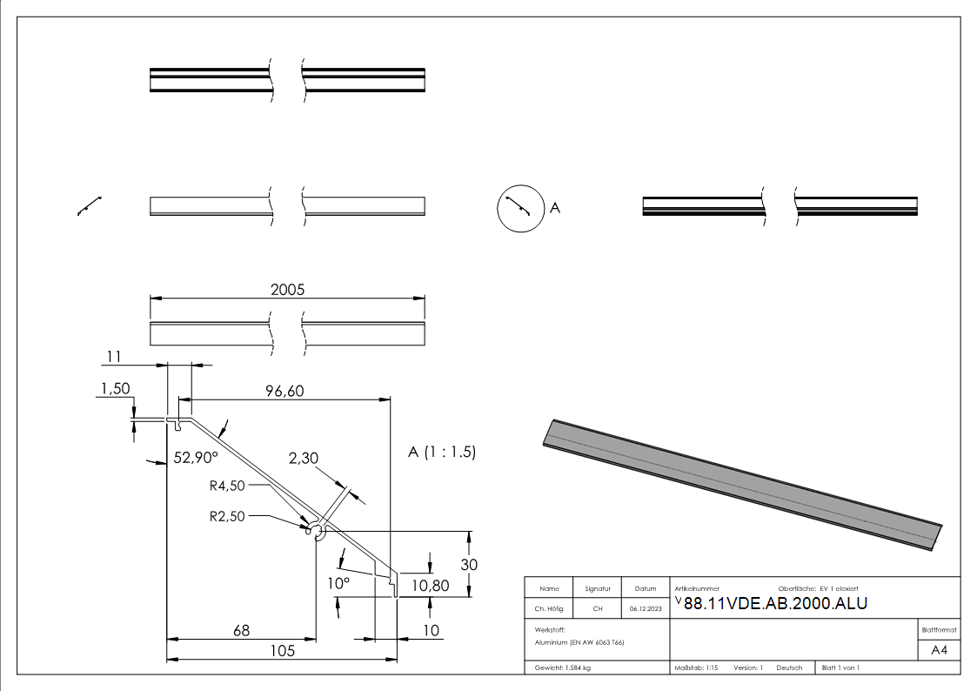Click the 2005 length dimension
pos(287,290)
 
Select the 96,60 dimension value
pos(284,392)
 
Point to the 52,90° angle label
pos(196,457)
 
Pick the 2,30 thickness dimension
pos(304,457)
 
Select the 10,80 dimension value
pos(430,586)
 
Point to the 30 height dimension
pos(469,564)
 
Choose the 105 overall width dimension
pos(282,650)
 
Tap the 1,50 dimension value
pos(116,390)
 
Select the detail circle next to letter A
pos(519,209)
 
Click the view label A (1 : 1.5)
pos(442,452)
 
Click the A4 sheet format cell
pos(939,650)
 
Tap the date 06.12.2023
pos(645,609)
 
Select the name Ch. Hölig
pos(549,609)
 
